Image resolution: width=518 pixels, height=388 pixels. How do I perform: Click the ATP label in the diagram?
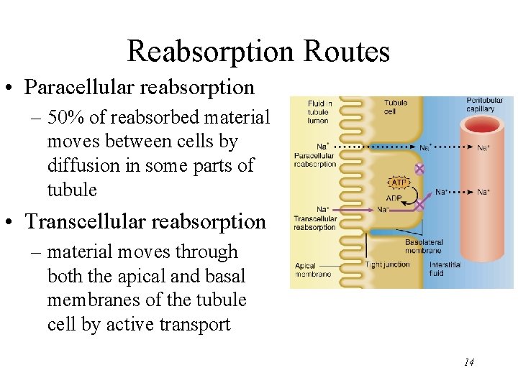[398, 182]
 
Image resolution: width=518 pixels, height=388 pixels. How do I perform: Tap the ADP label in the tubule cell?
[394, 198]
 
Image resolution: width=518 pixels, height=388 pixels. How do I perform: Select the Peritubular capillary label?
[480, 105]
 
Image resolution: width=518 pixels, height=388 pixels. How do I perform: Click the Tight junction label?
[387, 264]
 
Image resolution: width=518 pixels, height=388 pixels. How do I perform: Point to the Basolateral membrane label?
[424, 246]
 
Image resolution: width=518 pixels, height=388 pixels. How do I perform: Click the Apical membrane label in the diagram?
[313, 269]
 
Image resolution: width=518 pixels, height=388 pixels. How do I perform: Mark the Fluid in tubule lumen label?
[319, 112]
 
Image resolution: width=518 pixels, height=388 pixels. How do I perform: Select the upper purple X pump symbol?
[419, 169]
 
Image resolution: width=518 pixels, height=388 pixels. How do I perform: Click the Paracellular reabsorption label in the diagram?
[314, 160]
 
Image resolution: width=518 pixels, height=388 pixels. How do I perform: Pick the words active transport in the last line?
[168, 324]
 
